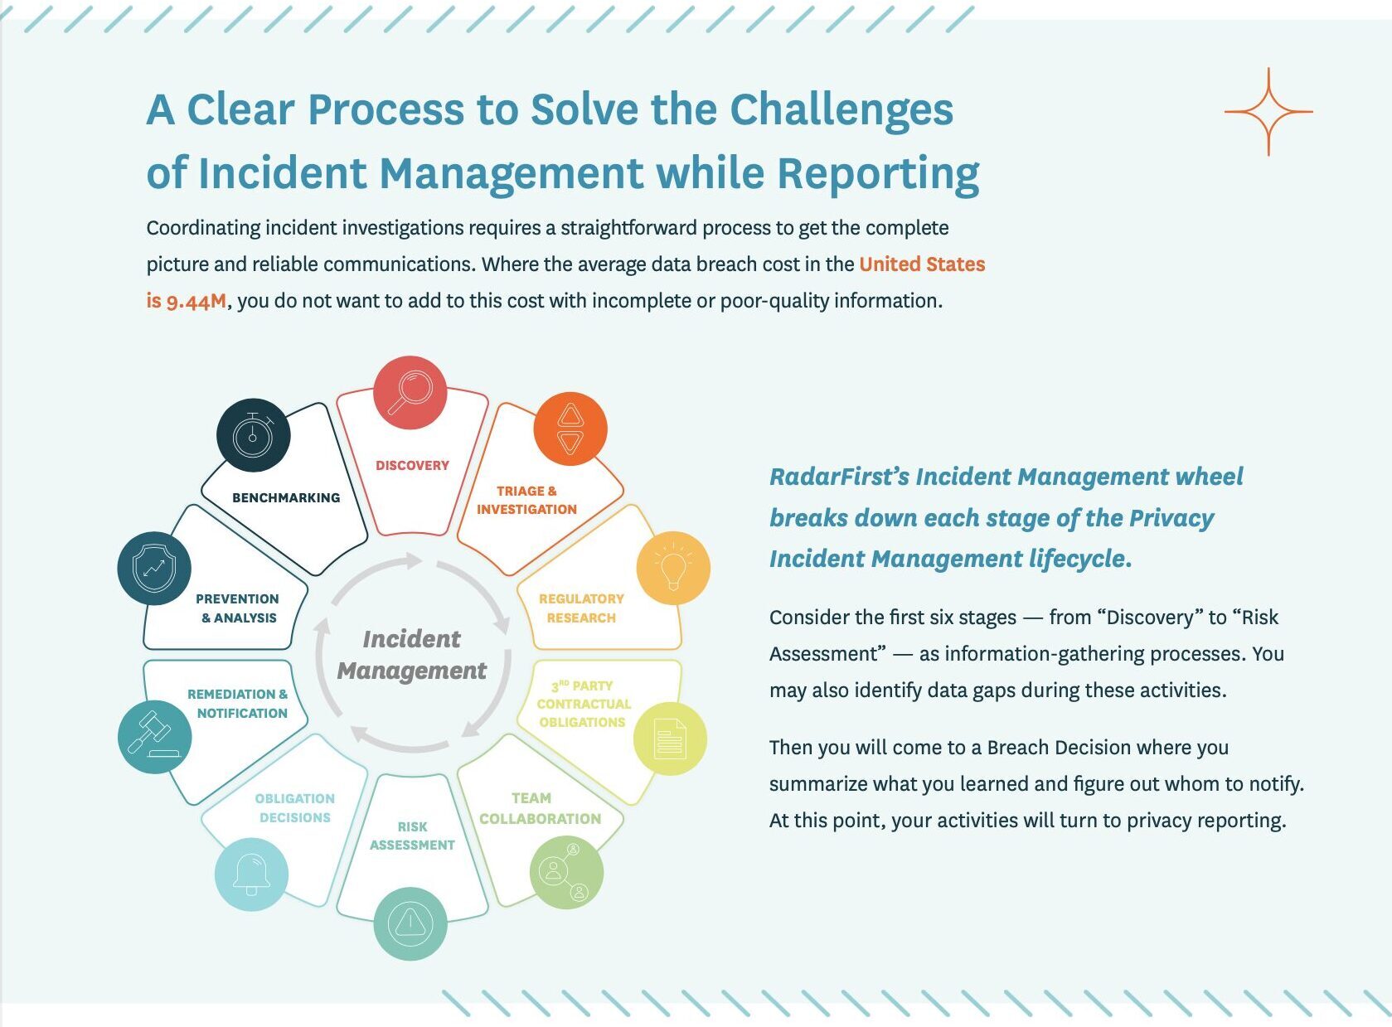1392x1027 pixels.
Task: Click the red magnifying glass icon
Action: coord(410,392)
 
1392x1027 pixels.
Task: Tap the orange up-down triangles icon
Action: coord(570,429)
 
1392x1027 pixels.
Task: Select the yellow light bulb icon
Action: coord(673,569)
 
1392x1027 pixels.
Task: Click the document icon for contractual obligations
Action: coord(670,739)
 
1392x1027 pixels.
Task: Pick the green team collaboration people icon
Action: coord(566,871)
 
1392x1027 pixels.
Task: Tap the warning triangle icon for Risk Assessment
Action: coord(410,923)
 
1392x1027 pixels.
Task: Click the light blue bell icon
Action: coord(251,874)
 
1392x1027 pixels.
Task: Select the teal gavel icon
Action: coord(155,737)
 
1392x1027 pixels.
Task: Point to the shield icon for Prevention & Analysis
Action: coord(154,569)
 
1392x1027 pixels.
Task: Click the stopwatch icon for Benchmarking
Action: coord(254,434)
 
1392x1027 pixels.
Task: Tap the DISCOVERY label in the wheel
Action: coord(412,466)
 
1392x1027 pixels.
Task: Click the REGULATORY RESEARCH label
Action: coord(581,608)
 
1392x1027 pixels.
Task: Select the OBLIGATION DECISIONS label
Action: coord(294,808)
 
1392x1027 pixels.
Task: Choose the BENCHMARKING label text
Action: coord(286,497)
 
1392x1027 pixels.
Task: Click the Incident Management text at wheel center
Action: coord(412,655)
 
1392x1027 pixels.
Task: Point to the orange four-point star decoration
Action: coord(1268,112)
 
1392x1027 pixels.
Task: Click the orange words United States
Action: coord(922,264)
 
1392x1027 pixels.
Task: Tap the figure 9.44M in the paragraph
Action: coord(196,301)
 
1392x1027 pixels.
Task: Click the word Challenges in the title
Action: coord(842,109)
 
